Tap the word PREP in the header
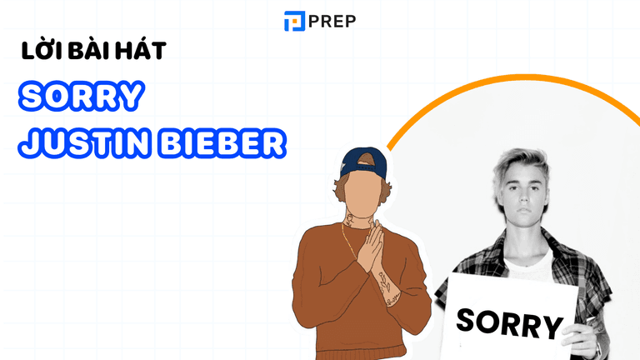click(x=332, y=21)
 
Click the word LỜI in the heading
click(x=38, y=51)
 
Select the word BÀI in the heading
click(x=85, y=51)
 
